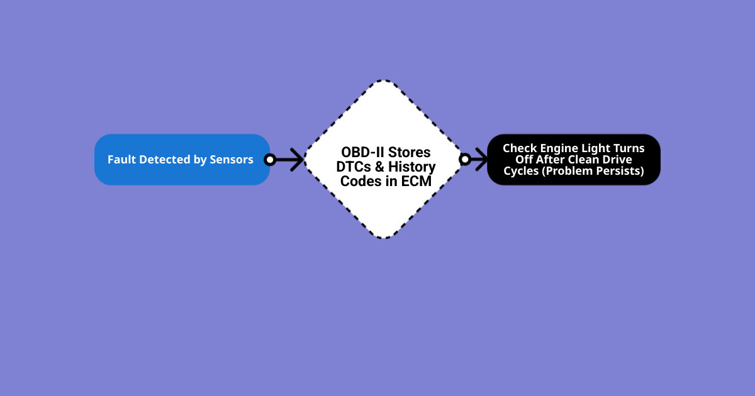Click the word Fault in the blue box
[122, 160]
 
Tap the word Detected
[165, 160]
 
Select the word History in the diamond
[411, 167]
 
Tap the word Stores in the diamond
[409, 152]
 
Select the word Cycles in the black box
[522, 172]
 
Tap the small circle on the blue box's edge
[270, 160]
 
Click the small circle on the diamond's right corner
[465, 160]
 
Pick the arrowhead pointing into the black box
[482, 160]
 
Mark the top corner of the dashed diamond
[383, 81]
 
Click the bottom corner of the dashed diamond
[383, 238]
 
